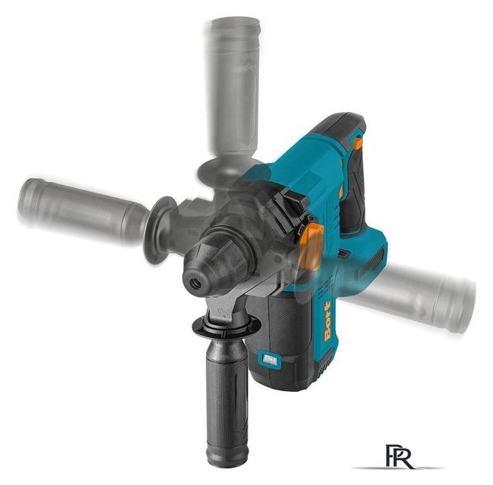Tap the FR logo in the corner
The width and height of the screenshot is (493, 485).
(399, 457)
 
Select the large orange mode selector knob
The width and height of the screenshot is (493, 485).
(311, 246)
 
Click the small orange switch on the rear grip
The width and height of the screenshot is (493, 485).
(357, 143)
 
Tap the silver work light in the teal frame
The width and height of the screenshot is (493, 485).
(268, 359)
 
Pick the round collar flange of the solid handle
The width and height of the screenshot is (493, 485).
(226, 327)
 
